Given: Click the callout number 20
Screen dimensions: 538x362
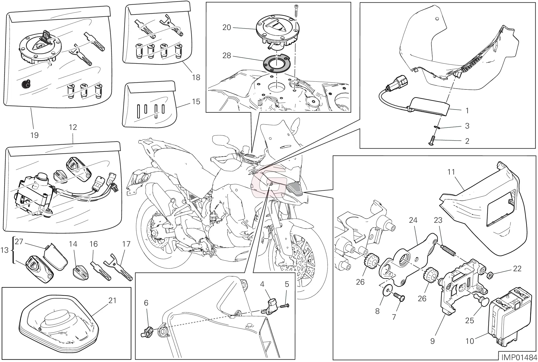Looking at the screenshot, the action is (226, 27).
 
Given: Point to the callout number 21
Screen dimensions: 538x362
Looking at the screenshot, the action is (112, 300).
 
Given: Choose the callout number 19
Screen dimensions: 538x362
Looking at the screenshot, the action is (34, 135).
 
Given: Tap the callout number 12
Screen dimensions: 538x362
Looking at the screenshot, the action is (73, 127).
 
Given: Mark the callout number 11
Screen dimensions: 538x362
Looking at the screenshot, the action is (451, 172).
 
